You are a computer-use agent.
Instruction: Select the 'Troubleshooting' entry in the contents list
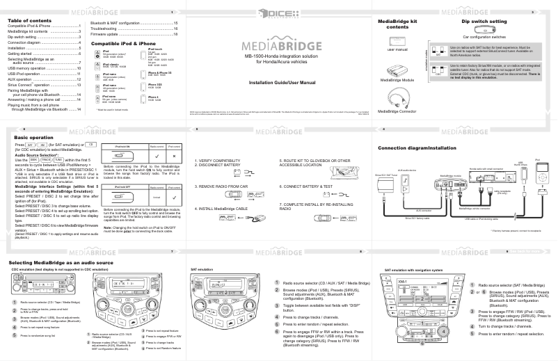pos(111,28)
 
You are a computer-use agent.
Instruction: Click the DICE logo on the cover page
pos(278,12)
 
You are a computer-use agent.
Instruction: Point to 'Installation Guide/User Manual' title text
pos(278,82)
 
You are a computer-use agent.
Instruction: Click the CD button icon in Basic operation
pos(90,145)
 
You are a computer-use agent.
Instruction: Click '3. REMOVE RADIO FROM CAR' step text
pos(221,187)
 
